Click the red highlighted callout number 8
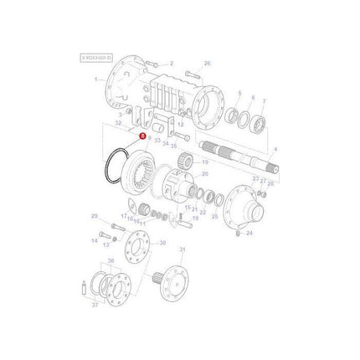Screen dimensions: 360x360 tap(143, 135)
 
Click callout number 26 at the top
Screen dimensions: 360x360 tap(208, 64)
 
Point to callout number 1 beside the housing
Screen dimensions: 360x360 tap(96, 79)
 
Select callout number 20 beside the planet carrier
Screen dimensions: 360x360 tap(204, 174)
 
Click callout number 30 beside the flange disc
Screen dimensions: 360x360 tap(162, 244)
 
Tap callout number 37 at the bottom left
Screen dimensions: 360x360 tap(95, 306)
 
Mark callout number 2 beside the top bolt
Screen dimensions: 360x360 tap(170, 64)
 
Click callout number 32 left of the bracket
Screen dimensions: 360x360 tap(118, 123)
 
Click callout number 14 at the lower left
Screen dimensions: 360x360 tap(95, 240)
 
